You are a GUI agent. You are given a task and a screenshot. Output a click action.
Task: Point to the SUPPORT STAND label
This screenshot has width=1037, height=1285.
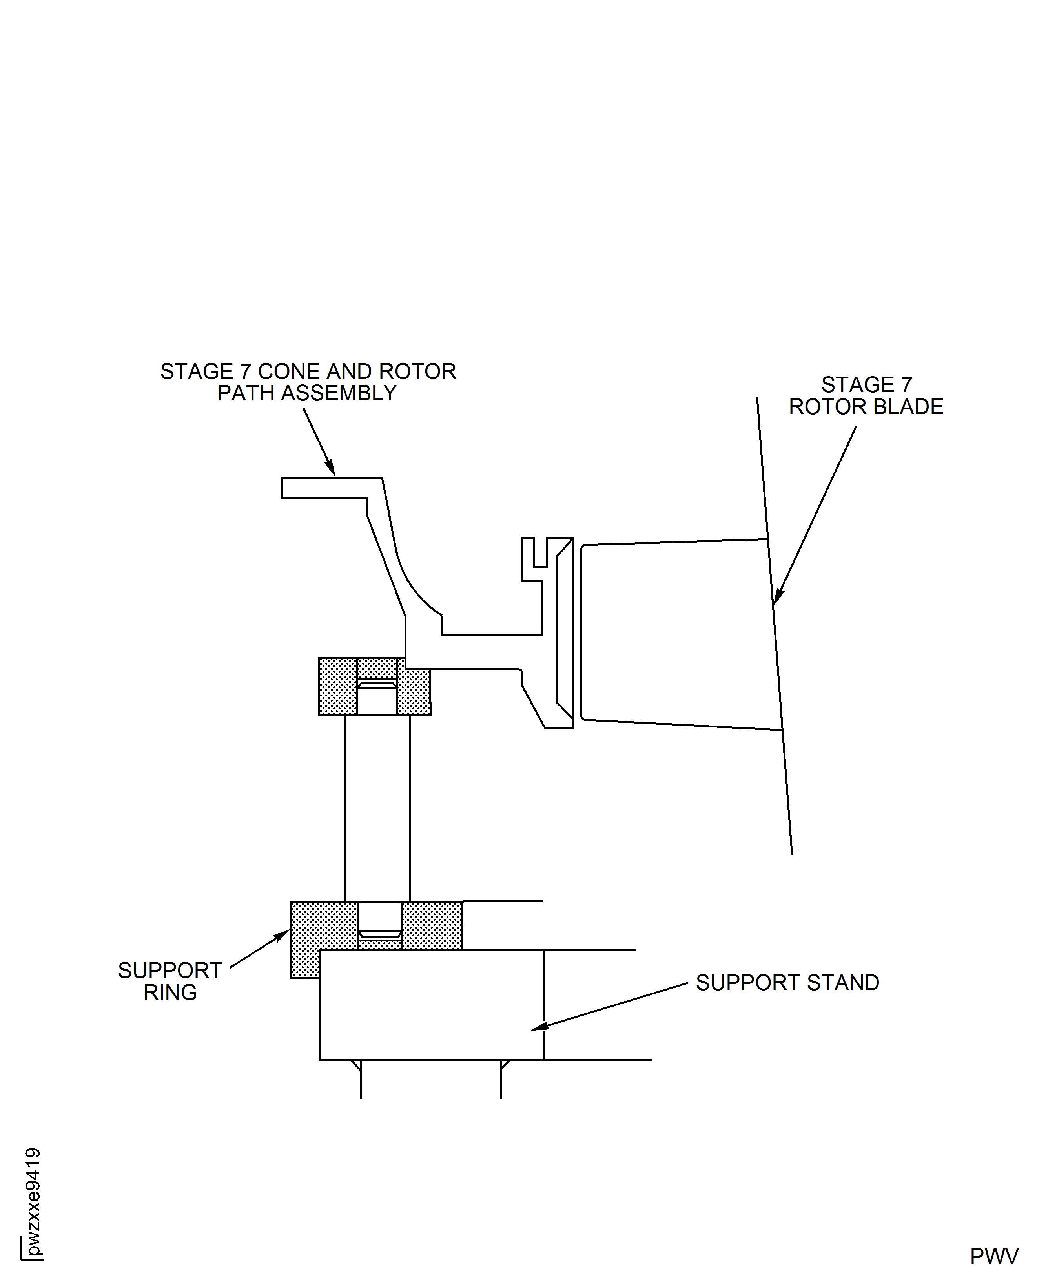(787, 983)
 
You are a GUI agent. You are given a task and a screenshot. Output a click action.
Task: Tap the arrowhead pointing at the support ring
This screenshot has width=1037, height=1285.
(282, 935)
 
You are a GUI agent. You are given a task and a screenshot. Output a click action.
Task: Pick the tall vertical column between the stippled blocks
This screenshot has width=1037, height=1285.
(377, 807)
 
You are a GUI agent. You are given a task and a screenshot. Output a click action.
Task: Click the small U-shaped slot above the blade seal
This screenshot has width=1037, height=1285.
(540, 553)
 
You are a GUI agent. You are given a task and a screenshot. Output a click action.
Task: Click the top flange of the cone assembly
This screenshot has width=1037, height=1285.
(328, 487)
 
